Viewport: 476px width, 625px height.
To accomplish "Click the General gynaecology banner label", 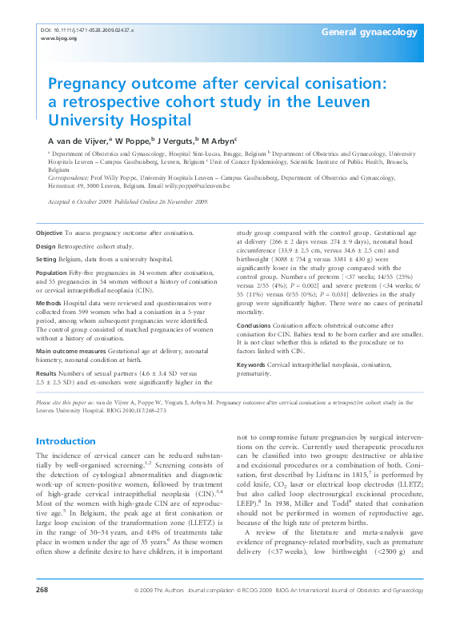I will point(369,32).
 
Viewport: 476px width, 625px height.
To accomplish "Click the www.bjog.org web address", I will point(58,38).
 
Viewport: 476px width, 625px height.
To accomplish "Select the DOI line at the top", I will point(86,30).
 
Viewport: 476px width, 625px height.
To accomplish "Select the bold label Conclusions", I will point(254,326).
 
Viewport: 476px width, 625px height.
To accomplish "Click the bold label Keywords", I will point(251,364).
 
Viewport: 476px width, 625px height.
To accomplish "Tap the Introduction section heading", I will point(68,441).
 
